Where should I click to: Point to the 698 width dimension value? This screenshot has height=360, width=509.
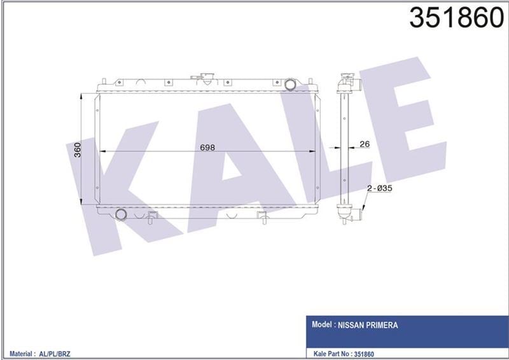207,147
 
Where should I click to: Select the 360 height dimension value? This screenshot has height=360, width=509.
77,150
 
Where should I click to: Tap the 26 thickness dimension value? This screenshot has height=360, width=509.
365,144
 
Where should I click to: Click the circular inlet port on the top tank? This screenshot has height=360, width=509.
291,84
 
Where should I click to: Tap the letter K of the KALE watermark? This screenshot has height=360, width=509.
121,184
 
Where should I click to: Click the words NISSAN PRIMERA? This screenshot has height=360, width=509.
372,325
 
